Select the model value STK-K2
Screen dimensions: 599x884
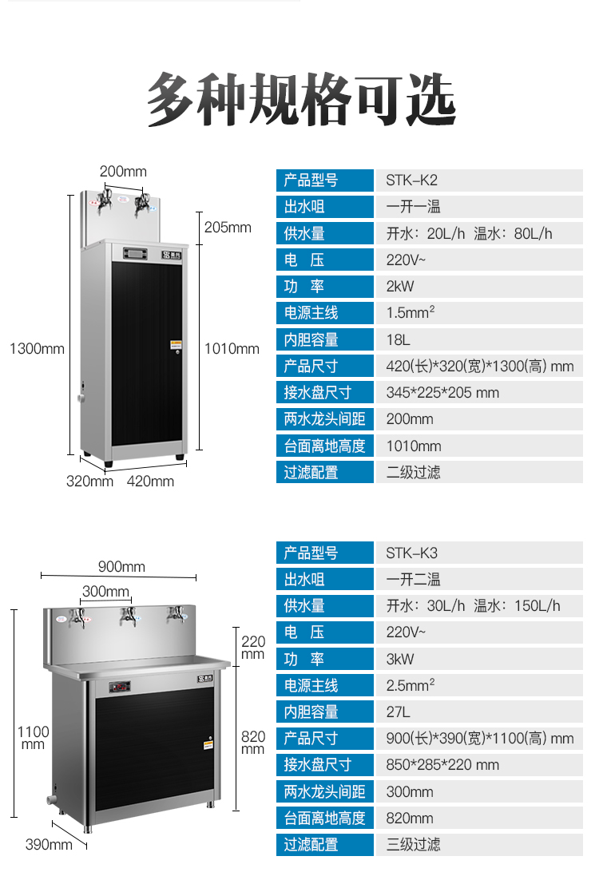pyautogui.click(x=411, y=180)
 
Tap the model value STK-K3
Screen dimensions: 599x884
pyautogui.click(x=411, y=553)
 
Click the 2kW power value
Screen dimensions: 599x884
pyautogui.click(x=400, y=286)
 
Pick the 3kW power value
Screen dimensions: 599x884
pyautogui.click(x=400, y=659)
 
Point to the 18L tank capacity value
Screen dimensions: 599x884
pyautogui.click(x=398, y=339)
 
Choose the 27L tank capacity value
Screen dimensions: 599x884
pyautogui.click(x=399, y=712)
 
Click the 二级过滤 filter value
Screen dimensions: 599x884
pyautogui.click(x=413, y=472)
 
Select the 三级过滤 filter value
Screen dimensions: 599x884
pyautogui.click(x=413, y=844)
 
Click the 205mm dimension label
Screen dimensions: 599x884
pyautogui.click(x=228, y=228)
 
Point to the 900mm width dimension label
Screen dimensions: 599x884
pyautogui.click(x=121, y=566)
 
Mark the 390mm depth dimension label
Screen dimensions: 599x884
pyautogui.click(x=48, y=844)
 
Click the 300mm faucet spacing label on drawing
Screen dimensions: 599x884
pyautogui.click(x=105, y=591)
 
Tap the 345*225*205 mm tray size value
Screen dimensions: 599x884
pyautogui.click(x=442, y=392)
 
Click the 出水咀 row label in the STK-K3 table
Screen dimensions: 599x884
pyautogui.click(x=305, y=579)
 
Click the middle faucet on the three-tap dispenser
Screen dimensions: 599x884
pyautogui.click(x=128, y=616)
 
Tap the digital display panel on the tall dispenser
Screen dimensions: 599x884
pyautogui.click(x=135, y=255)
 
